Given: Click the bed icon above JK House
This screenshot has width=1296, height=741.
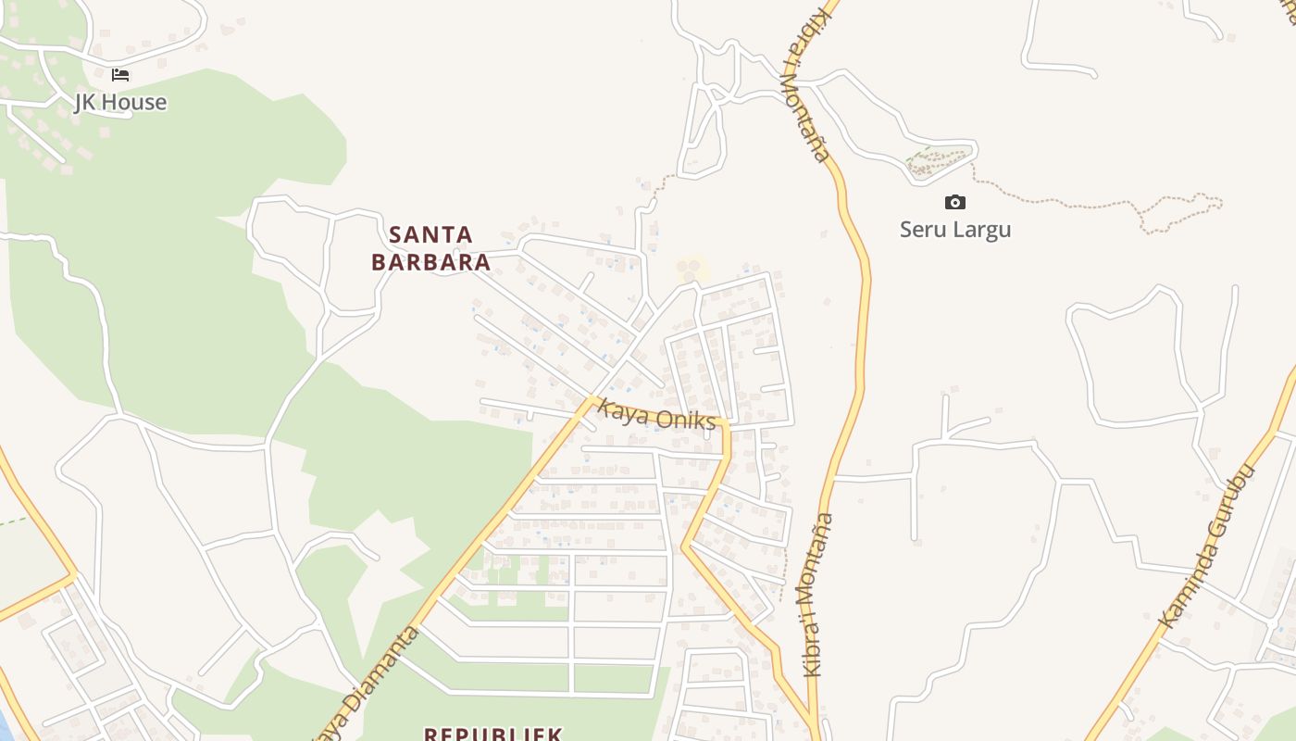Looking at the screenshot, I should (120, 75).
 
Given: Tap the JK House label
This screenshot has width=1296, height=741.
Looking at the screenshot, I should (120, 102).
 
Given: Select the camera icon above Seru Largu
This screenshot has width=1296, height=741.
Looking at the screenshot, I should (954, 202).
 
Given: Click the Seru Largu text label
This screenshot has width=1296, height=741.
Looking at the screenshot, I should (954, 229).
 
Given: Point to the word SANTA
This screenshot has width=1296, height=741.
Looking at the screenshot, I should (430, 234).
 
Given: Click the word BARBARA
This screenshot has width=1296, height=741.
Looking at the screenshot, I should (430, 262).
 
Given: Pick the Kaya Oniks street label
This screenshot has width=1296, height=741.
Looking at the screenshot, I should (656, 414).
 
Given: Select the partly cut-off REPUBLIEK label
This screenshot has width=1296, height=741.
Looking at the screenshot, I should (492, 734).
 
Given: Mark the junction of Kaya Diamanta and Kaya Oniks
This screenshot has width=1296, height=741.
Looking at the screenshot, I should (590, 400).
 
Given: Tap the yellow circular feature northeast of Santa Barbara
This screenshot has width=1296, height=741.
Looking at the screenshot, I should (690, 270).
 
